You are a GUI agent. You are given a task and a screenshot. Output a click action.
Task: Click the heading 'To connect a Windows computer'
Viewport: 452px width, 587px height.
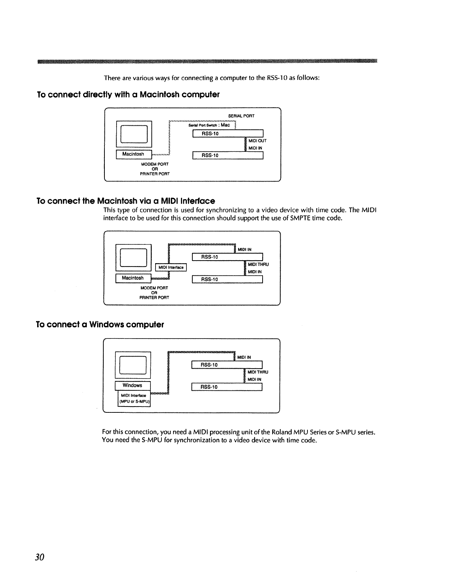(x=100, y=325)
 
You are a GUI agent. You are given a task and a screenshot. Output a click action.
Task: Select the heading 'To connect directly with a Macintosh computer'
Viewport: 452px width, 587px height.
(x=128, y=95)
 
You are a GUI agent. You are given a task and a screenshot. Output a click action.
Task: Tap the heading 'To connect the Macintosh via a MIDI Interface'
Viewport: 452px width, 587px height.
(x=126, y=201)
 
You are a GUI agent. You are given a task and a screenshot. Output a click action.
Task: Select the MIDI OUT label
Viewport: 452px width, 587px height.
(x=257, y=141)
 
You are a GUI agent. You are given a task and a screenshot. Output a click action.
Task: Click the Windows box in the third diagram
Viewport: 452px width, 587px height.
(x=132, y=386)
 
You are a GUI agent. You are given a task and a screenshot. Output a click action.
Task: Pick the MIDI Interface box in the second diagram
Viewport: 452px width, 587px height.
(x=171, y=267)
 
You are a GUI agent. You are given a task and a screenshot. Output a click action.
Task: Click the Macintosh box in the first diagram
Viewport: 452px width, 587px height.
(x=133, y=154)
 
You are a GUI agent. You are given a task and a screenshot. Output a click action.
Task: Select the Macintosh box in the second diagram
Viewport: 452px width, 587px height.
(x=133, y=278)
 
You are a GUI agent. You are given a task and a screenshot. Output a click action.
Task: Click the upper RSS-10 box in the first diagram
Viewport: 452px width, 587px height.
(x=228, y=133)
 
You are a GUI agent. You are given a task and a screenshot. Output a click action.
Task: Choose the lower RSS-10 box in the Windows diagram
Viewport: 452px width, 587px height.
(x=227, y=387)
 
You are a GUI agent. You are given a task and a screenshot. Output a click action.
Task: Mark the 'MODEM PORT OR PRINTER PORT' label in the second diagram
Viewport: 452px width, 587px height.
(x=154, y=293)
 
